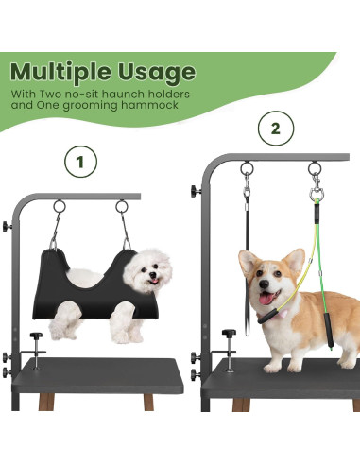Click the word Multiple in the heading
point(60,73)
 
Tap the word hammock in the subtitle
point(149,105)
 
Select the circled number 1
point(81,162)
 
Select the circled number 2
point(276,129)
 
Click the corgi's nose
point(264,284)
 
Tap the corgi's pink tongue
point(267,298)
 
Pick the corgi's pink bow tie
point(283,313)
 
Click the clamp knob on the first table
point(36,336)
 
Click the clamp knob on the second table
point(229,333)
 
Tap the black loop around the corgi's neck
point(268,317)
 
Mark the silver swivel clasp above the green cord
point(316,188)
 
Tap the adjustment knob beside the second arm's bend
point(195,191)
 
